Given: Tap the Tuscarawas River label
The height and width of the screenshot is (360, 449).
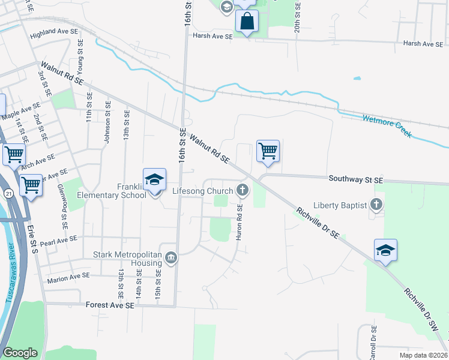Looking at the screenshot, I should click(10, 281).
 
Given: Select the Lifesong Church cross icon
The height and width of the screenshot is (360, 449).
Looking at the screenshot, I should click(243, 191).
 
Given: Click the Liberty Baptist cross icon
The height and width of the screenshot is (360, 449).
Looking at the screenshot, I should click(376, 205).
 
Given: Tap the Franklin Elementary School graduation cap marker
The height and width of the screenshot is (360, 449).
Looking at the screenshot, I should click(154, 179).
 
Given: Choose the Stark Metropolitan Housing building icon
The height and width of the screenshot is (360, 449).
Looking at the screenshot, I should click(171, 259).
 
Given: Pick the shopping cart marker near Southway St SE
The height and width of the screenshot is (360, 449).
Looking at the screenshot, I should click(268, 151).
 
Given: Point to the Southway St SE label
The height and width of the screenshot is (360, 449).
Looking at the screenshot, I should click(355, 179).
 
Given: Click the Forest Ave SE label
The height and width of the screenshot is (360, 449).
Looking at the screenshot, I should click(110, 305).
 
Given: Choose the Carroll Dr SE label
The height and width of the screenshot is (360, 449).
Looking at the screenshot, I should click(373, 342).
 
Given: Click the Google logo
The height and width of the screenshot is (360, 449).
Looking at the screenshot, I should click(20, 353).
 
